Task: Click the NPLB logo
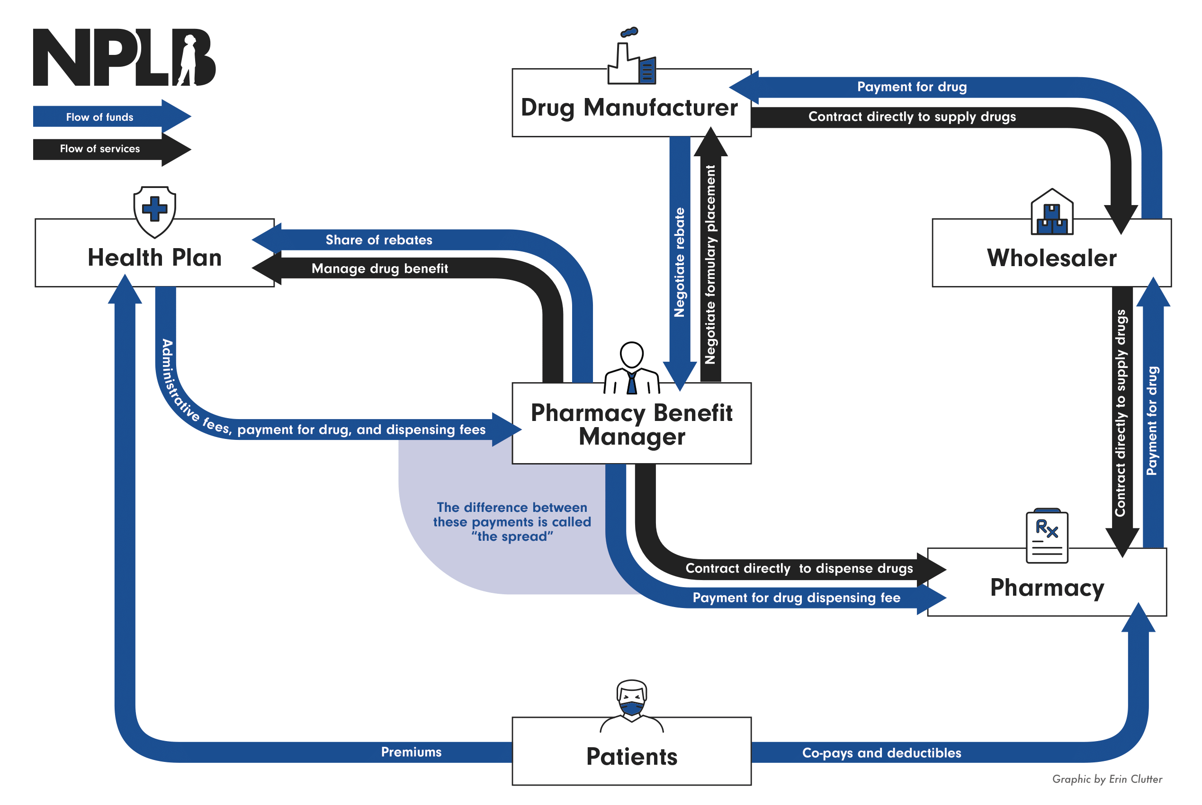pos(124,57)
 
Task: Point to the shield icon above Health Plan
pos(154,211)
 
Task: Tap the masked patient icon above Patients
pos(632,701)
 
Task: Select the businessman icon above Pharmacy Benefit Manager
pos(632,368)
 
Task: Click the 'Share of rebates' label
pos(379,240)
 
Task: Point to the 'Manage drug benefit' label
pos(379,268)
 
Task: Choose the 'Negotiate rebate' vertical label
pos(679,262)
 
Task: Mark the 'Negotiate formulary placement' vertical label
pos(710,264)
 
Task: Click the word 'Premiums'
pos(411,752)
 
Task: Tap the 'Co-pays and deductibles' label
pos(881,752)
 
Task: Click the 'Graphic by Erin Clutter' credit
pos(1106,779)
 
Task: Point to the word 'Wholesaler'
pos(1051,258)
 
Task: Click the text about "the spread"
pos(511,522)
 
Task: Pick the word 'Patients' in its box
pos(632,757)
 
